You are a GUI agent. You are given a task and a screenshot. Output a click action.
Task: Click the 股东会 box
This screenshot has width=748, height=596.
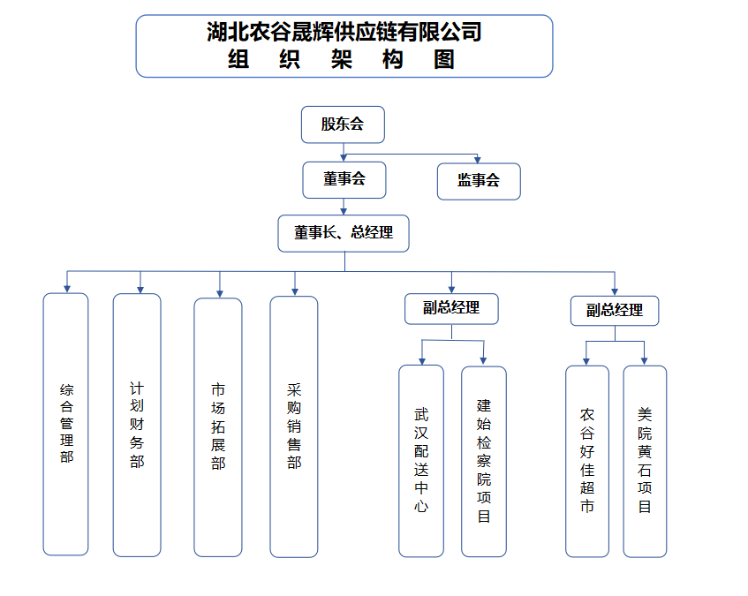pyautogui.click(x=343, y=124)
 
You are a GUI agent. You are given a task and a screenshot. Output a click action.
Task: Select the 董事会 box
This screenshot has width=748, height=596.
pyautogui.click(x=344, y=180)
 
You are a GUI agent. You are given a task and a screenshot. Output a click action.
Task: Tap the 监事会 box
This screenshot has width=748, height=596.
pyautogui.click(x=479, y=181)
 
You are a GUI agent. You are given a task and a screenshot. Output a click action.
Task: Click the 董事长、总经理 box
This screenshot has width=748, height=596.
pyautogui.click(x=344, y=233)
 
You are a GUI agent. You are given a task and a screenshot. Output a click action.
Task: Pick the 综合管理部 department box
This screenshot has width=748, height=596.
pyautogui.click(x=66, y=424)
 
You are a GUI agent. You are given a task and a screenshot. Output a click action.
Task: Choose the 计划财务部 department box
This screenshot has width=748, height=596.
pyautogui.click(x=137, y=425)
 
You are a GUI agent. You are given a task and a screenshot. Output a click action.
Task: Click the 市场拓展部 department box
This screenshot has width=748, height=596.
pyautogui.click(x=218, y=427)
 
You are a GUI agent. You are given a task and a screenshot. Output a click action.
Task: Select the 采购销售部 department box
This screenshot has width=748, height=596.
pyautogui.click(x=294, y=426)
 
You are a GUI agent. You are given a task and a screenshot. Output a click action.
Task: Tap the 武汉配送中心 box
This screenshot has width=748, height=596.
pyautogui.click(x=421, y=461)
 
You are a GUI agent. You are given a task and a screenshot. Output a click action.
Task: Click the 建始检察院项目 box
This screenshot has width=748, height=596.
pyautogui.click(x=484, y=462)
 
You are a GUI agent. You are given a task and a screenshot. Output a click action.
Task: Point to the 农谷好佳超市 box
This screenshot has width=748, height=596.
pyautogui.click(x=587, y=462)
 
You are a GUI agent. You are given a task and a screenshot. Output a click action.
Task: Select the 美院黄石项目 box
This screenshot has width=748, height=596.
pyautogui.click(x=645, y=462)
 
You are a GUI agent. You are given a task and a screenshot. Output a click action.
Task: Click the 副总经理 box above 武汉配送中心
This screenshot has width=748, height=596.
pyautogui.click(x=451, y=309)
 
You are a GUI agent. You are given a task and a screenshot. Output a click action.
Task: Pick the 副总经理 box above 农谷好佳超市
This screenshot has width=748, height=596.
pyautogui.click(x=615, y=311)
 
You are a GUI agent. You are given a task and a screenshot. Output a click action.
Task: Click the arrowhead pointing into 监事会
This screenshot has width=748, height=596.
pyautogui.click(x=478, y=160)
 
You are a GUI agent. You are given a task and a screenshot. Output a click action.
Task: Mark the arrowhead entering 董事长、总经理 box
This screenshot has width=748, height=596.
pyautogui.click(x=344, y=211)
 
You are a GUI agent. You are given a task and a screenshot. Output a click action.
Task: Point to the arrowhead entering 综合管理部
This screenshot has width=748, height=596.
pyautogui.click(x=67, y=289)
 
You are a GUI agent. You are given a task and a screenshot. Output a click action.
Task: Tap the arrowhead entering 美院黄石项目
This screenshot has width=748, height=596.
pyautogui.click(x=644, y=361)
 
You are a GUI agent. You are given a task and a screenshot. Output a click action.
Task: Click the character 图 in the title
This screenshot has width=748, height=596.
pyautogui.click(x=443, y=60)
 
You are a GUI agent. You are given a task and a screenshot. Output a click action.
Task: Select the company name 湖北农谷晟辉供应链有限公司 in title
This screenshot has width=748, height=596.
pyautogui.click(x=344, y=32)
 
